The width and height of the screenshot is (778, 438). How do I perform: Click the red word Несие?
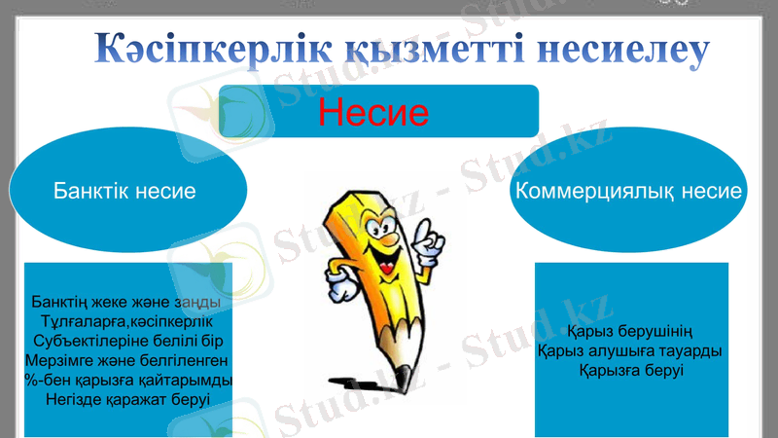tap(373, 113)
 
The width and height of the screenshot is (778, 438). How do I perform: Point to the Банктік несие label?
tap(125, 192)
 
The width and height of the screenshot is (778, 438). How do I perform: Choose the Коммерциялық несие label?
tap(628, 192)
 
